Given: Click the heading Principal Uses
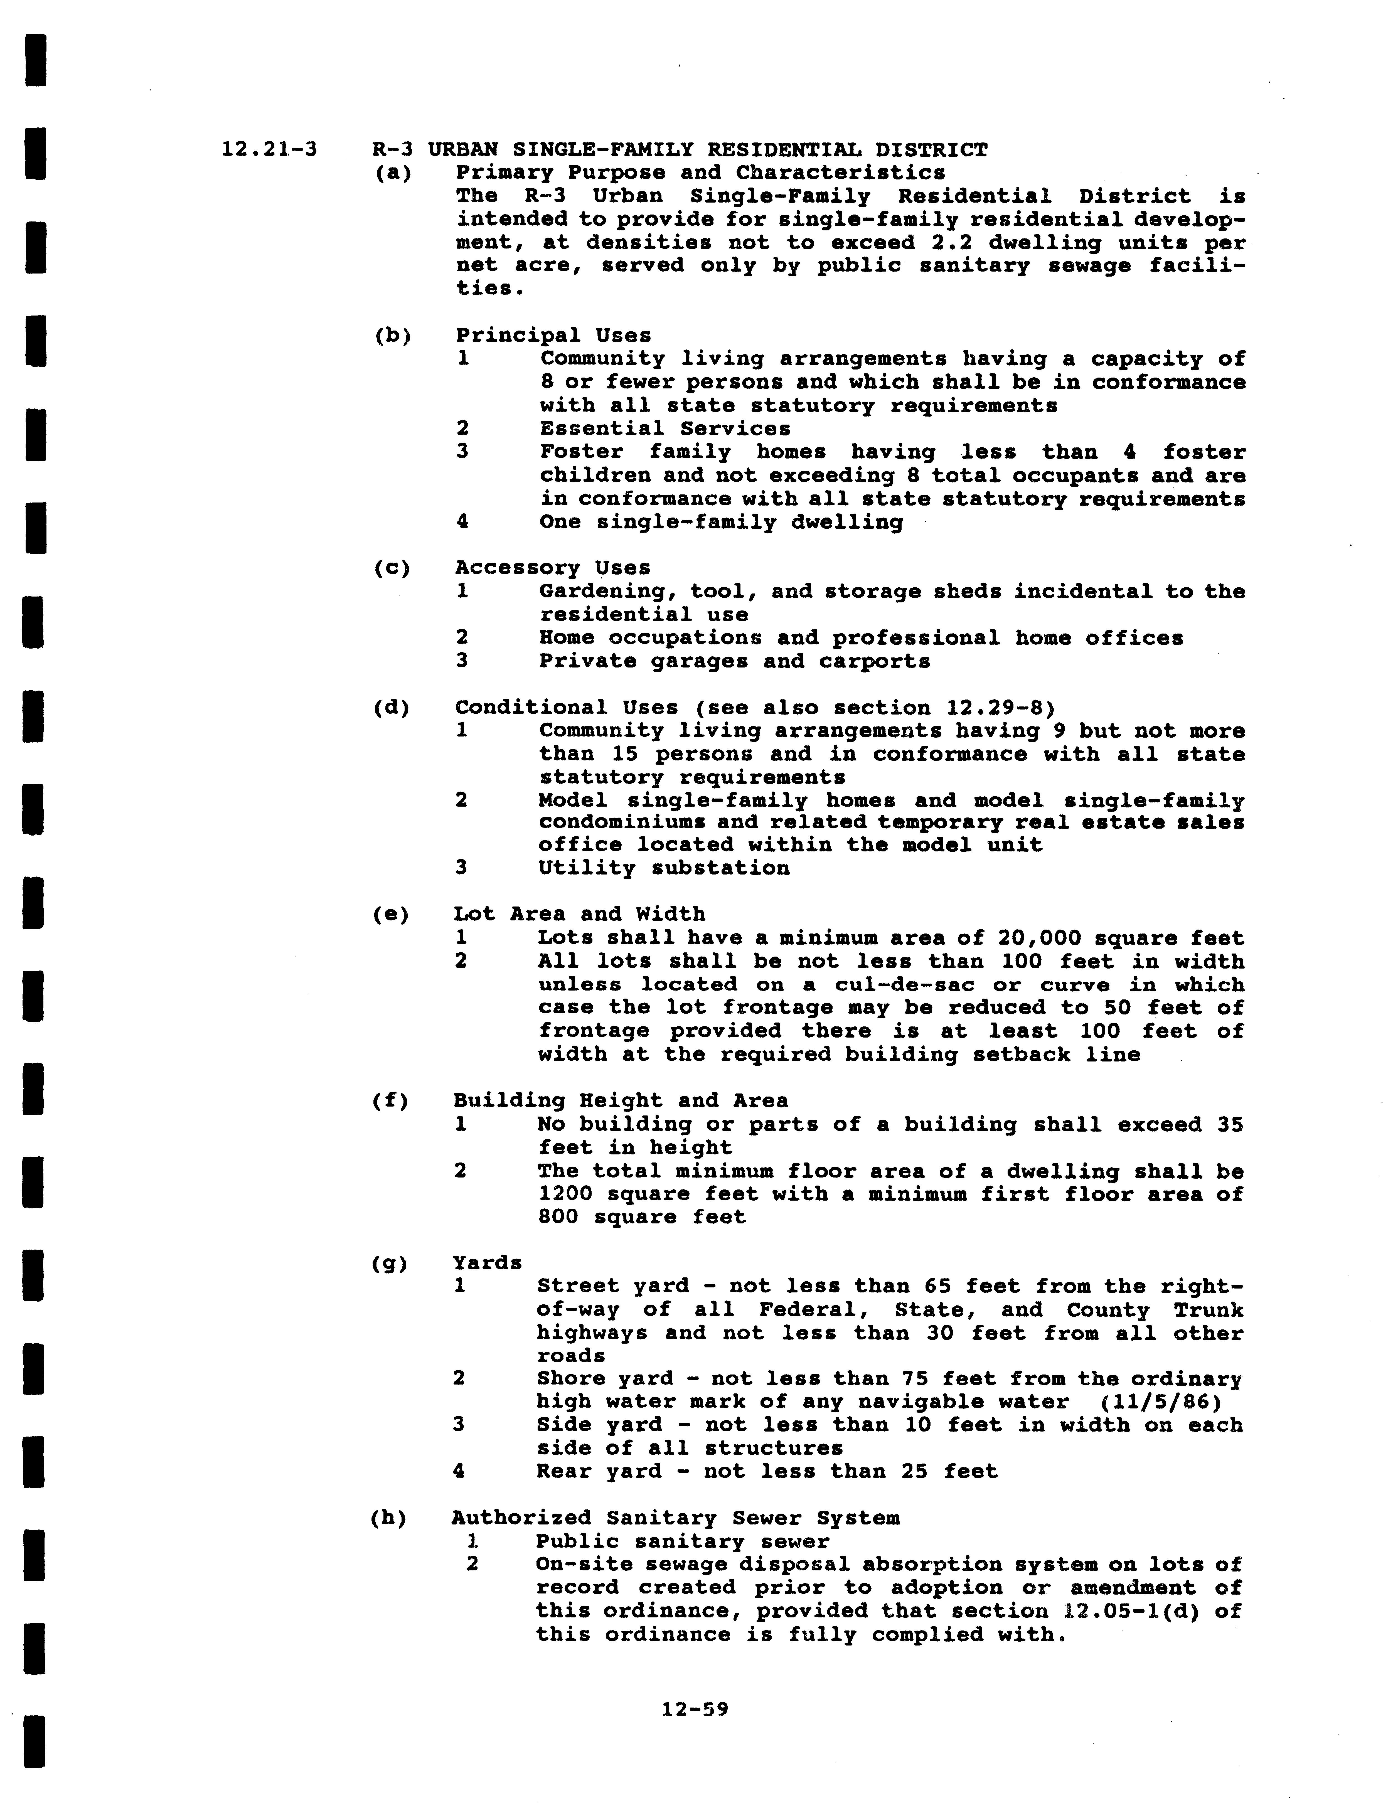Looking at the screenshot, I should (x=553, y=335).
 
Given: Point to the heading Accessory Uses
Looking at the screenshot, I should (x=552, y=568).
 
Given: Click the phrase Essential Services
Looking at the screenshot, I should (x=664, y=429).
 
